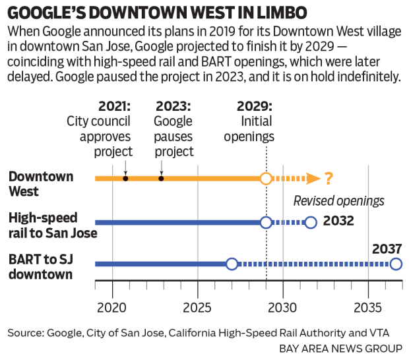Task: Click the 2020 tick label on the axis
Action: [112, 307]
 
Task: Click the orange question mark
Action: [329, 178]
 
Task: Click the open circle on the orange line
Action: [265, 179]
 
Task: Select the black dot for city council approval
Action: [125, 179]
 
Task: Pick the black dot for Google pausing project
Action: [161, 179]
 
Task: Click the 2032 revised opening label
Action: [340, 220]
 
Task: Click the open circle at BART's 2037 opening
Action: [395, 264]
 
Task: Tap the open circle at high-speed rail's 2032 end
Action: [311, 222]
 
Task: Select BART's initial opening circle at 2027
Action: [232, 264]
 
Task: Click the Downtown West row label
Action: [41, 183]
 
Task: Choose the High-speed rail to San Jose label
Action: [52, 225]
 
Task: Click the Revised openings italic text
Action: [338, 201]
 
